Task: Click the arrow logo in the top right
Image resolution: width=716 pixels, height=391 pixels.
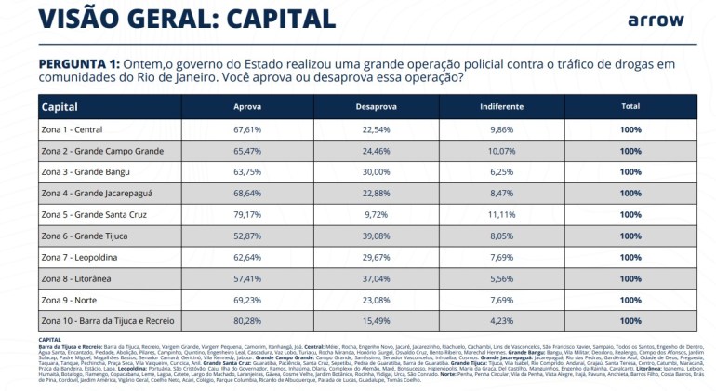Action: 656,20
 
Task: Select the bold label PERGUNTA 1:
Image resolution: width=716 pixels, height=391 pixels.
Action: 80,62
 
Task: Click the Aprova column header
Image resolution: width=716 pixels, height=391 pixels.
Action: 246,106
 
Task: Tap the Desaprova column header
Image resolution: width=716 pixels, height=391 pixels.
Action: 376,106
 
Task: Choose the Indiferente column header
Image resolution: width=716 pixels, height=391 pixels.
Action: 502,106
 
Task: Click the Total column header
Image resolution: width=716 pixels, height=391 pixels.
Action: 630,106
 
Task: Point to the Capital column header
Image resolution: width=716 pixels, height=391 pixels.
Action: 60,106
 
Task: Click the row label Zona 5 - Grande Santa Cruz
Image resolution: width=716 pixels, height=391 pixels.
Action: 97,214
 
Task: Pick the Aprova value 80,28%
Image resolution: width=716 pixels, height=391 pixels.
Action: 247,321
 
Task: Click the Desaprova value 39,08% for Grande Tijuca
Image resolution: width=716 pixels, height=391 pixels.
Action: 376,236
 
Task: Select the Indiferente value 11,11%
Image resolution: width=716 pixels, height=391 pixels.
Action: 502,214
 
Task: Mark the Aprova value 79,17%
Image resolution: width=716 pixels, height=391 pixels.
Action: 247,214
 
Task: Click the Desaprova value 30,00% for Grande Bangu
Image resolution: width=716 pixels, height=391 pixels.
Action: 376,171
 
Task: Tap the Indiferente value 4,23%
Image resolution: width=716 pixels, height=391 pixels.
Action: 502,321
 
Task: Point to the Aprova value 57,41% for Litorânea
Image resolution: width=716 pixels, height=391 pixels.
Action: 247,278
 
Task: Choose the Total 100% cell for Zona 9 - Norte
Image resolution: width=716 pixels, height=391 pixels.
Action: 630,300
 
